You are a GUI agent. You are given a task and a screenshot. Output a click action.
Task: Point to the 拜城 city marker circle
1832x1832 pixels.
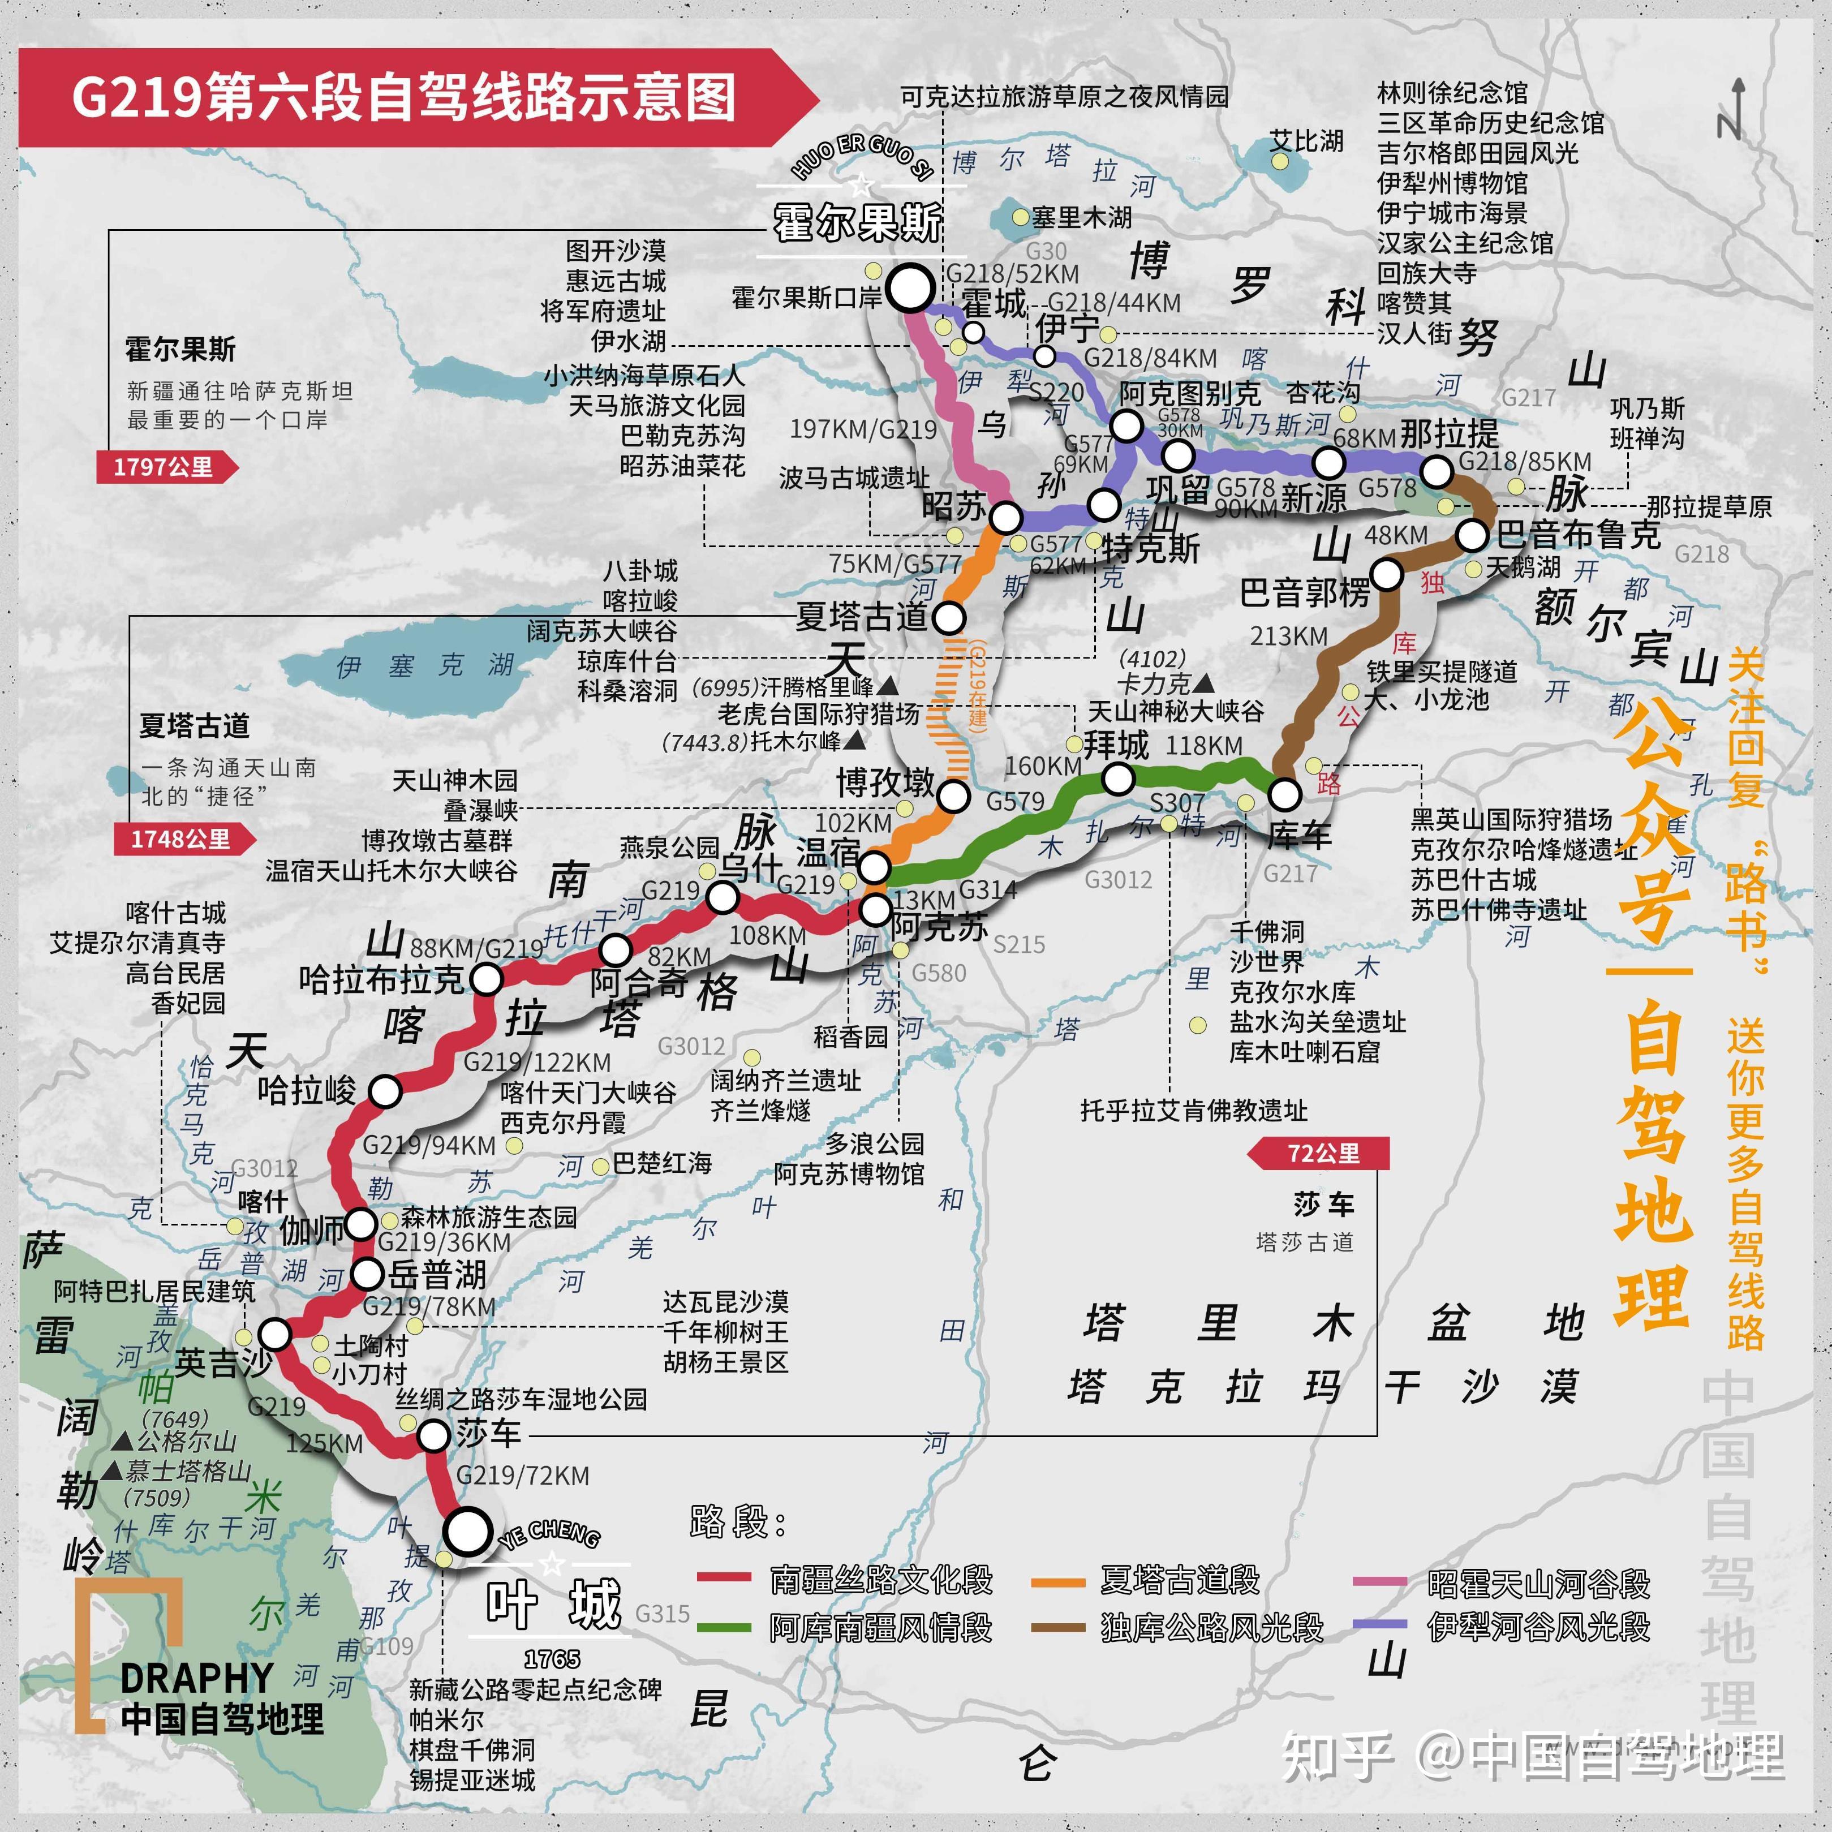tap(1118, 780)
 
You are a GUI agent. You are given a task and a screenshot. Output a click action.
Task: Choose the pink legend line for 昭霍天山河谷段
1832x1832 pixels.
tap(1380, 1582)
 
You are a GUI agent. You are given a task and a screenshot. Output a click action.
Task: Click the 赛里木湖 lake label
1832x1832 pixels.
tap(1081, 217)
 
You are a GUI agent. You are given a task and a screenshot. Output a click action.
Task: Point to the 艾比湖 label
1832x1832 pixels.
tap(1307, 141)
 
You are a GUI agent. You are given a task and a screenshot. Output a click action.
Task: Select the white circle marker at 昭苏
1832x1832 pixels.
tap(1005, 518)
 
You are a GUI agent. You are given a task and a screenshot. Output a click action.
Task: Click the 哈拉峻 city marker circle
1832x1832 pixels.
tap(385, 1091)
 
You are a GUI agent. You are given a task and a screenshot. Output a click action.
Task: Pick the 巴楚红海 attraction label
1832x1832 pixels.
tap(662, 1163)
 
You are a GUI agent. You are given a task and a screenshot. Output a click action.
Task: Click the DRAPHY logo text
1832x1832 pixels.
tap(196, 1678)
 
